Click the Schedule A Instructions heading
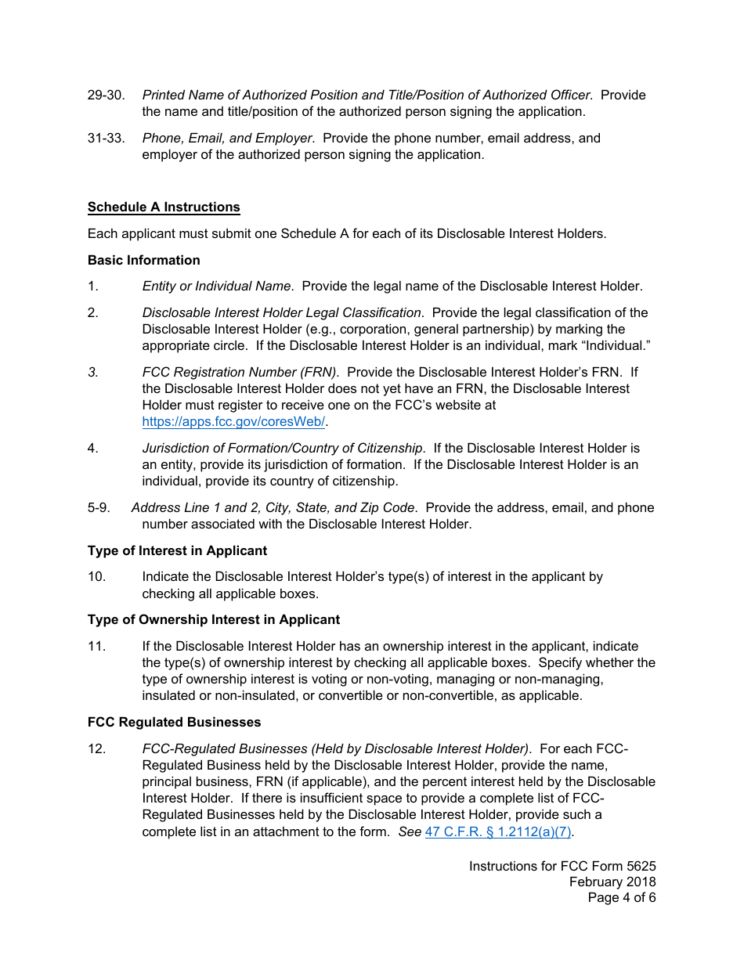click(164, 207)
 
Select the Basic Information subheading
click(143, 261)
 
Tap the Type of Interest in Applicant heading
click(177, 551)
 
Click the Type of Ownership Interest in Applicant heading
click(213, 620)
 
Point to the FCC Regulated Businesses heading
click(174, 722)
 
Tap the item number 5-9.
click(99, 508)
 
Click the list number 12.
click(96, 749)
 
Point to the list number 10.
click(96, 577)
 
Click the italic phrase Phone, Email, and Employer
click(228, 139)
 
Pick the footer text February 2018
click(612, 882)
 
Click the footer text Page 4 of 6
click(622, 898)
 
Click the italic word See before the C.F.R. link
click(410, 832)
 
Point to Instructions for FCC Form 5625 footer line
click(562, 867)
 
